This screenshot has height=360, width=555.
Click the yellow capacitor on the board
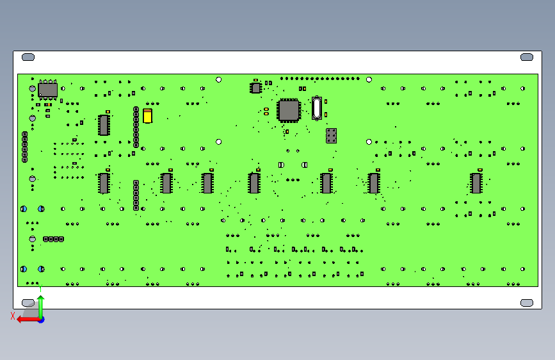tap(148, 115)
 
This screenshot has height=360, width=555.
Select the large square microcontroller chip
tap(289, 110)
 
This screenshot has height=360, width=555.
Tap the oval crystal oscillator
tap(316, 108)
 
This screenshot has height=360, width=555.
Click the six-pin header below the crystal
tap(331, 135)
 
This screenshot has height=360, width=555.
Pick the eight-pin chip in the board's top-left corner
tap(47, 90)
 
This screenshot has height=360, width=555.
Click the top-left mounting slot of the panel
tap(28, 57)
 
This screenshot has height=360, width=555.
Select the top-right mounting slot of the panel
tap(527, 57)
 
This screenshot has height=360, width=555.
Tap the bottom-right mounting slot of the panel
tap(527, 302)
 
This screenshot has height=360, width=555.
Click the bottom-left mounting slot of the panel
tap(28, 302)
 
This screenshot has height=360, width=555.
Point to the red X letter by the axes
tap(13, 315)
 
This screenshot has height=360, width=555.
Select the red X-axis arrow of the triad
tap(26, 319)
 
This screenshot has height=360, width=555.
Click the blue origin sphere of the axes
tap(41, 319)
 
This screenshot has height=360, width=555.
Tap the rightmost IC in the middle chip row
tap(476, 183)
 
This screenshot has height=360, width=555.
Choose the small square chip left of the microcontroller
tap(256, 88)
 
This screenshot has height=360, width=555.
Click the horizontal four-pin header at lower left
tap(53, 239)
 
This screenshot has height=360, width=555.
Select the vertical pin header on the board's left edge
tap(25, 147)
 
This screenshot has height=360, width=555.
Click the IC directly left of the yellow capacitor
tap(104, 125)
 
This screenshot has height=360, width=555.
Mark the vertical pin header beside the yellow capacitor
tap(136, 127)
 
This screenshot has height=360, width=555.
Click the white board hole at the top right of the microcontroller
tap(369, 79)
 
